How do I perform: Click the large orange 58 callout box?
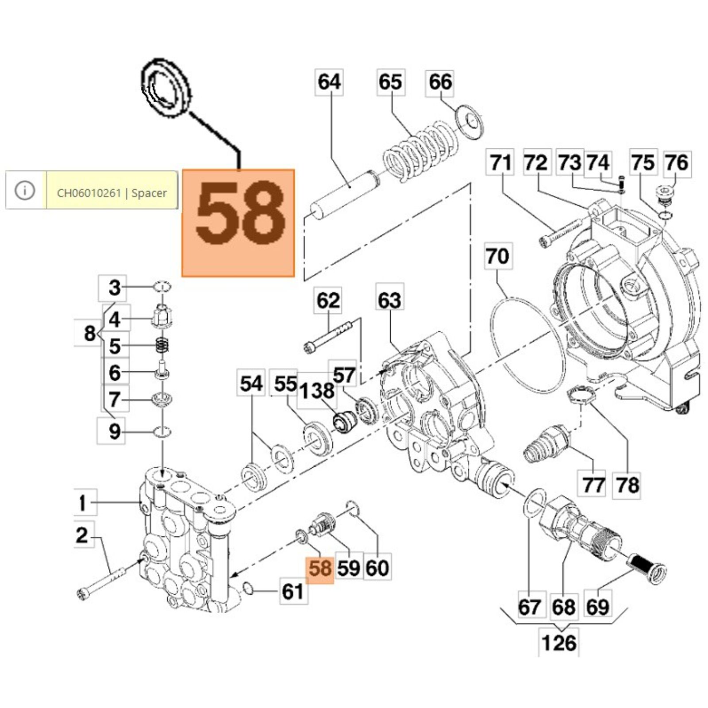click(238, 223)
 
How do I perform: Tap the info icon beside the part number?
click(25, 190)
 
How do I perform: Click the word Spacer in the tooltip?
click(149, 193)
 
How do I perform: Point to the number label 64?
click(329, 82)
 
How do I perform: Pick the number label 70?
click(497, 256)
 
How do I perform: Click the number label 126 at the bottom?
click(559, 643)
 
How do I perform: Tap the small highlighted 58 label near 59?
click(320, 568)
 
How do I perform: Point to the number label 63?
click(389, 300)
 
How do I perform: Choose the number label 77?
click(593, 485)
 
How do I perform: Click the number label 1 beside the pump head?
click(82, 503)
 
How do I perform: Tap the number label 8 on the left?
click(89, 333)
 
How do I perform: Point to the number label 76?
click(676, 163)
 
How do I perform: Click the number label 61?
click(293, 592)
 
